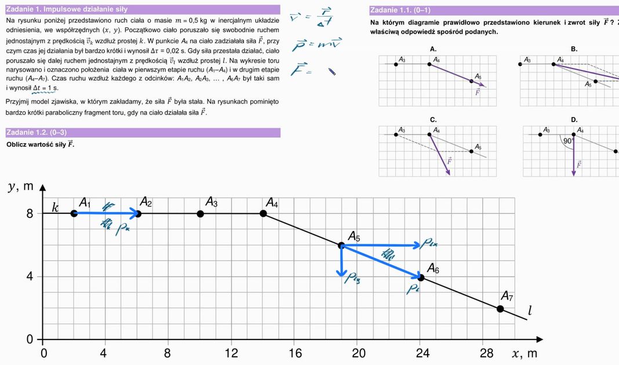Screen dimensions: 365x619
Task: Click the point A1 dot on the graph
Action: pyautogui.click(x=74, y=213)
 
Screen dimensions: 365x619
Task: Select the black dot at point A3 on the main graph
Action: pyautogui.click(x=200, y=213)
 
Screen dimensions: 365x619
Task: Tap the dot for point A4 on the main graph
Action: pyautogui.click(x=263, y=213)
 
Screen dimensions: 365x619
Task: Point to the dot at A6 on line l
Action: pyautogui.click(x=421, y=278)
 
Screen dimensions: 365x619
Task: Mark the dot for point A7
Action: pyautogui.click(x=500, y=309)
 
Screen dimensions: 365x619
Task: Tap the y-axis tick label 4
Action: pyautogui.click(x=29, y=276)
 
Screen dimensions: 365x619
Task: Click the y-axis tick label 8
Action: pyautogui.click(x=29, y=213)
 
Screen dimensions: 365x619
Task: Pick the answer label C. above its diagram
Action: pyautogui.click(x=433, y=120)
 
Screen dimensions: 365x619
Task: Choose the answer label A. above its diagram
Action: pyautogui.click(x=433, y=49)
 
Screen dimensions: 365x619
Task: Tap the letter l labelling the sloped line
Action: pyautogui.click(x=529, y=312)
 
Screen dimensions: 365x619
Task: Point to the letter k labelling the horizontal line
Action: pyautogui.click(x=55, y=207)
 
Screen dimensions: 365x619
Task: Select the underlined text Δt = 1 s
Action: pyautogui.click(x=45, y=88)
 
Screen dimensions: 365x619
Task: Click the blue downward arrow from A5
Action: pyautogui.click(x=341, y=261)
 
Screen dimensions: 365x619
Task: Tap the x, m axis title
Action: pyautogui.click(x=524, y=353)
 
